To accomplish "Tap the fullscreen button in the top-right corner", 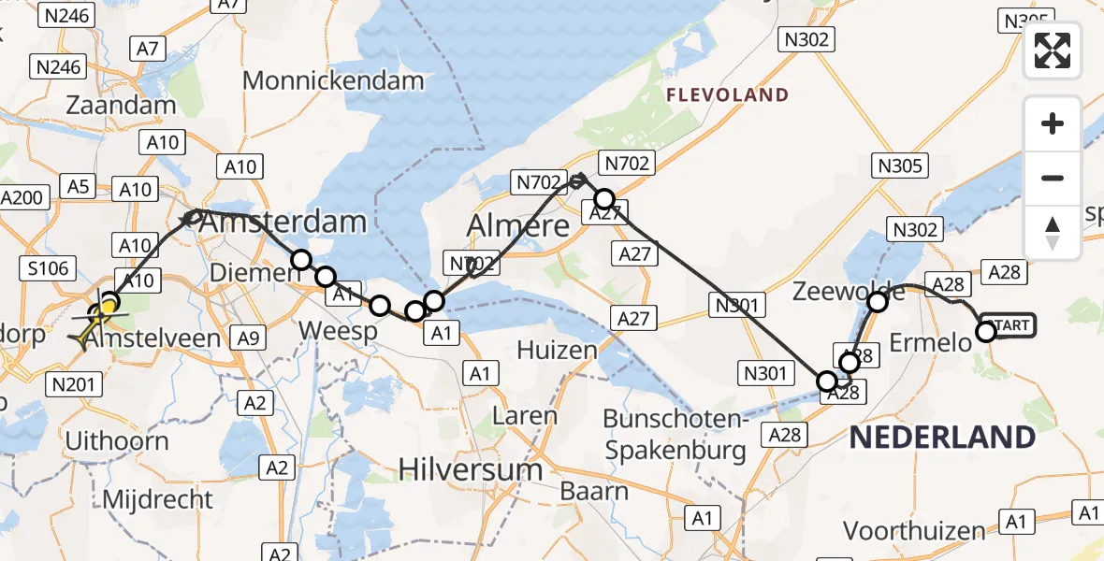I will (1053, 50).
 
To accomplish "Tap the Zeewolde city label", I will (849, 291).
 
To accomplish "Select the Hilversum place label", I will (471, 468).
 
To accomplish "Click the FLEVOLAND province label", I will (727, 94).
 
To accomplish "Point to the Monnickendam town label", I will (333, 80).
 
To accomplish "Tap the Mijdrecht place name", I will (157, 498).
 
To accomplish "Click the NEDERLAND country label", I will (942, 437).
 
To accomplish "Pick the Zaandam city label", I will (121, 105).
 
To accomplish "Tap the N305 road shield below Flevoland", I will (900, 166).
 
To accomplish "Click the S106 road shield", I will (49, 269).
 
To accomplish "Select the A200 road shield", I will (22, 198).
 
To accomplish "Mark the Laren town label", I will (524, 416).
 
